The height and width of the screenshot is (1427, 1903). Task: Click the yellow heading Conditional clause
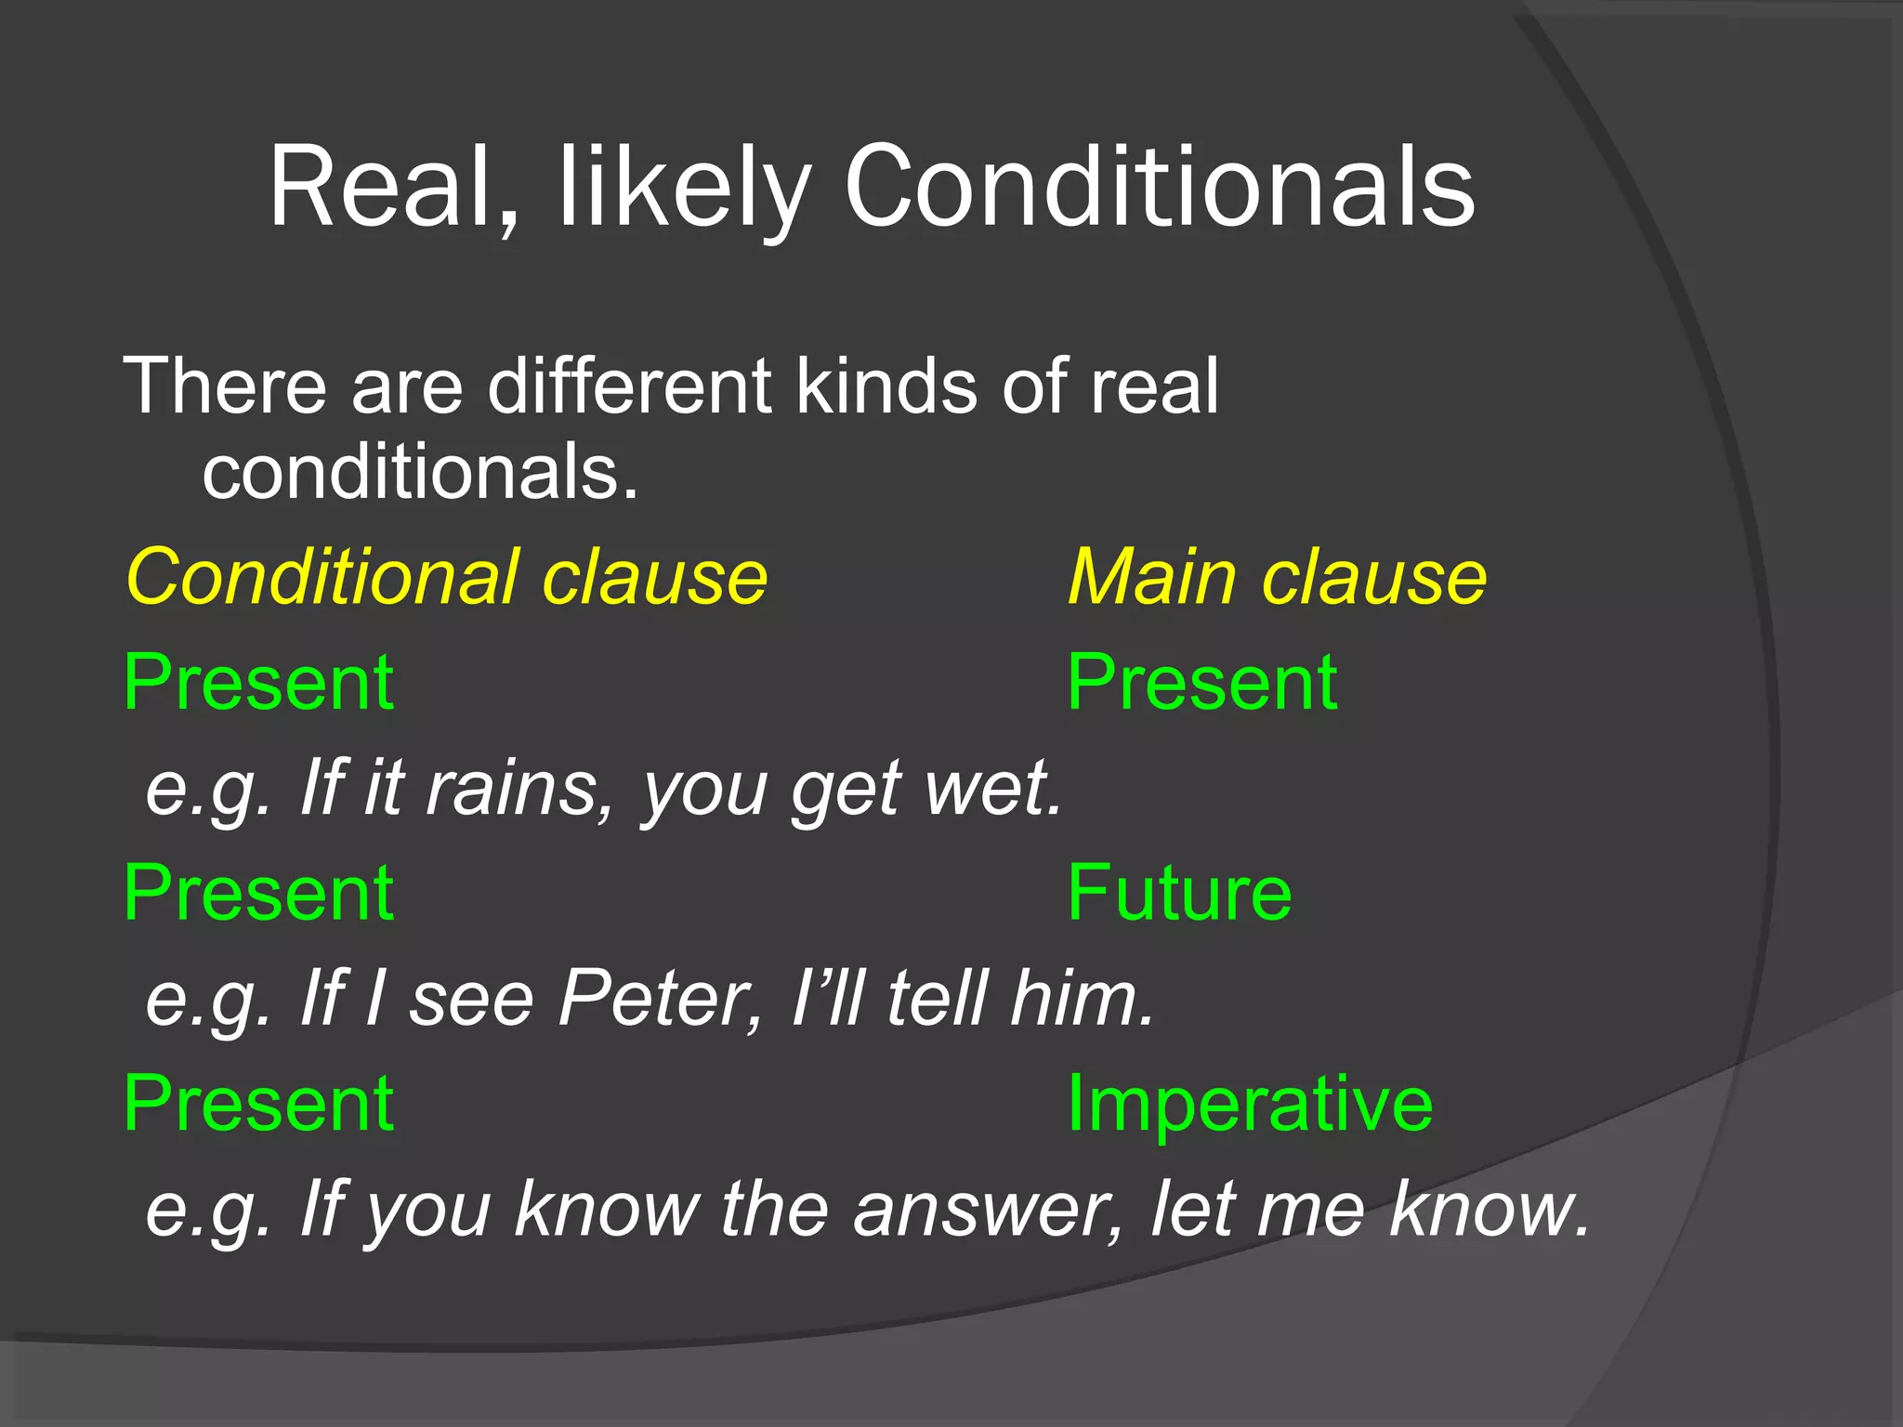[x=446, y=577]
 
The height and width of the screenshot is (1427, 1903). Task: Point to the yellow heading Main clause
[x=1277, y=577]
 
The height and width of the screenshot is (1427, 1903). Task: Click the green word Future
[x=1179, y=893]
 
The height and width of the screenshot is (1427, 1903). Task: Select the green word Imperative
[x=1249, y=1104]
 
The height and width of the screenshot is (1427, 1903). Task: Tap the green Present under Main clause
[x=1201, y=683]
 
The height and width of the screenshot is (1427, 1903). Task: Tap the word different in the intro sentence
[x=629, y=386]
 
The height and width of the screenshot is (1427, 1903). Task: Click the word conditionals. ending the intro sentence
[x=420, y=472]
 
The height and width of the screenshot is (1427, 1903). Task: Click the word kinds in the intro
[x=886, y=386]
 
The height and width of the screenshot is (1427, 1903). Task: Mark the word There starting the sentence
[x=226, y=386]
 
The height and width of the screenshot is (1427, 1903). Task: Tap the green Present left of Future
[x=259, y=893]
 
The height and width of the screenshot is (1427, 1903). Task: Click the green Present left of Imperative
[x=259, y=1104]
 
